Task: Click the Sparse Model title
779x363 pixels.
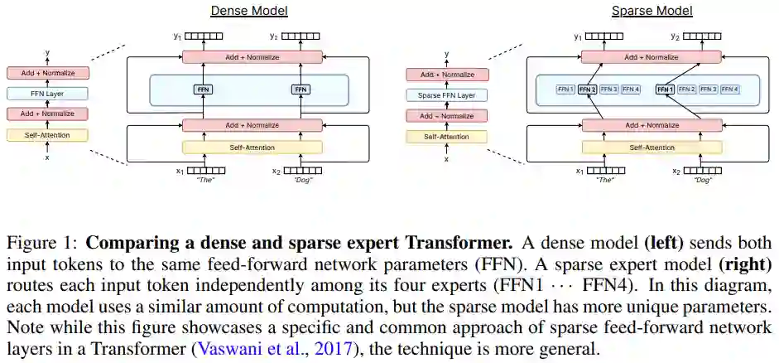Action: point(640,11)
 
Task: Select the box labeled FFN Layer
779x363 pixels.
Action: point(47,94)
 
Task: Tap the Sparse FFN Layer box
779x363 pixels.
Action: point(446,95)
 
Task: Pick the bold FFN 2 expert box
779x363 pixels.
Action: point(587,89)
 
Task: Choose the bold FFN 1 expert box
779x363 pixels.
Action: point(664,89)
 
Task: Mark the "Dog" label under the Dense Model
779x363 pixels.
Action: point(302,180)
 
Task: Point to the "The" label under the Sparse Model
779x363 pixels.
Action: point(606,180)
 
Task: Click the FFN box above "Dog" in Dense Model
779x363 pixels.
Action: point(301,89)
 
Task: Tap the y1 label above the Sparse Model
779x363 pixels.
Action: point(578,36)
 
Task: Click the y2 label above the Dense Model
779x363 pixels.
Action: point(275,36)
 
